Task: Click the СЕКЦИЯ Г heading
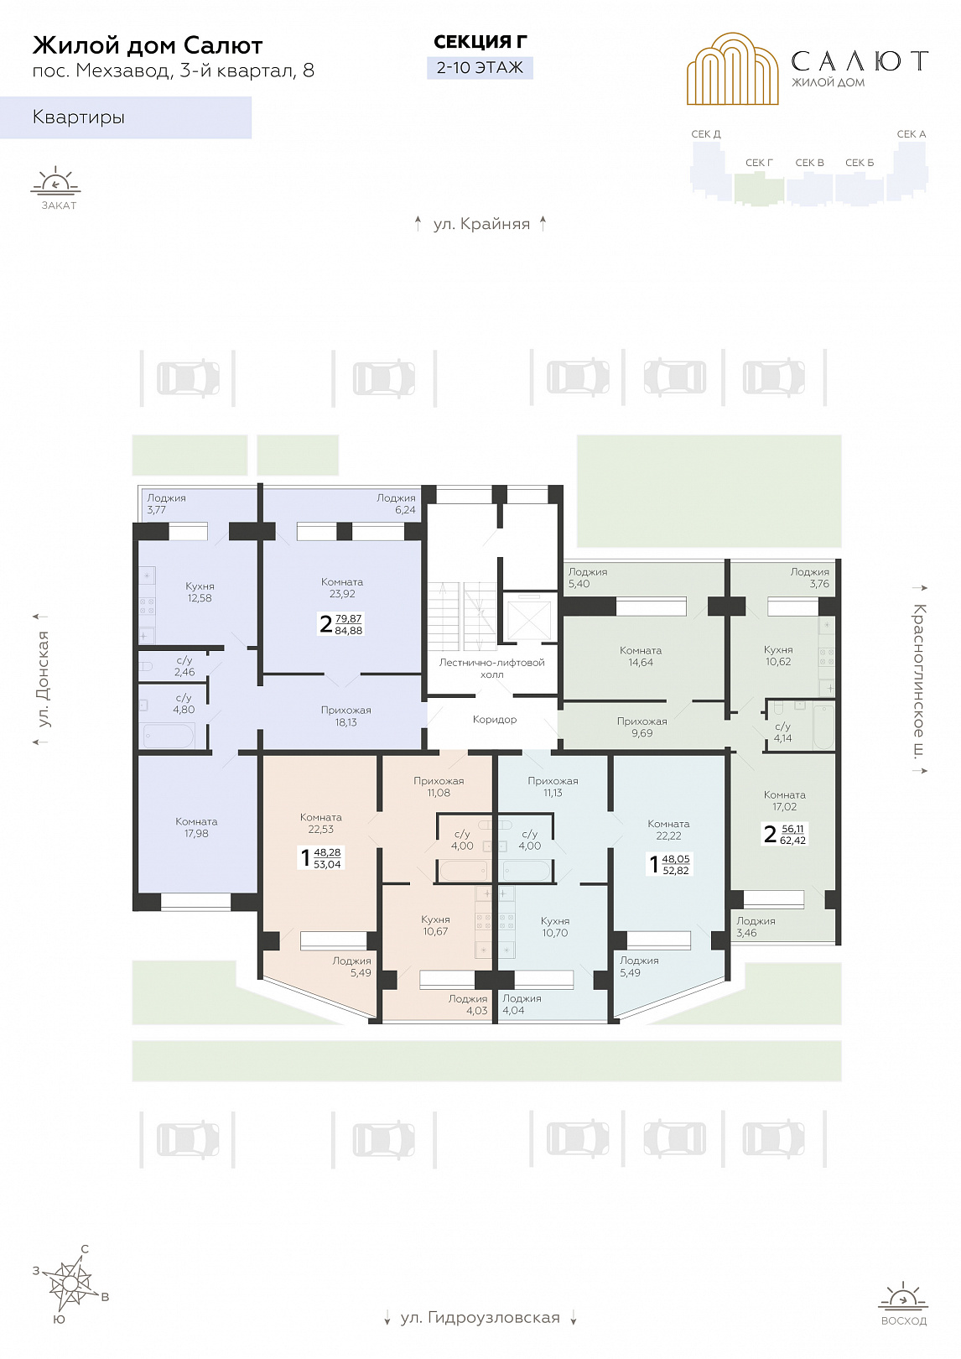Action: [480, 42]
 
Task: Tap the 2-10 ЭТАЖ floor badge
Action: [480, 67]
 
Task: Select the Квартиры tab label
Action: [78, 117]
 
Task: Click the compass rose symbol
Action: [71, 1284]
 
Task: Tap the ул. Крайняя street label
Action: [481, 225]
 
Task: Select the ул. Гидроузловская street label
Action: [480, 1318]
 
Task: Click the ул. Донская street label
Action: [43, 679]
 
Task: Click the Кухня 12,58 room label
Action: [200, 592]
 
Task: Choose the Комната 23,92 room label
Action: [342, 588]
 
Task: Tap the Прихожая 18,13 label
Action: [345, 716]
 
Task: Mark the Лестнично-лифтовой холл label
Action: [491, 669]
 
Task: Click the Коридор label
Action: [495, 720]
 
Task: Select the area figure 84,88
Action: [349, 630]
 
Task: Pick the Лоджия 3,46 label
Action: [756, 926]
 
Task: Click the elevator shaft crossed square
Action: [528, 617]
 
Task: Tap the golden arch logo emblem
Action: [732, 69]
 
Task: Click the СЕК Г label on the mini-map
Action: [759, 163]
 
